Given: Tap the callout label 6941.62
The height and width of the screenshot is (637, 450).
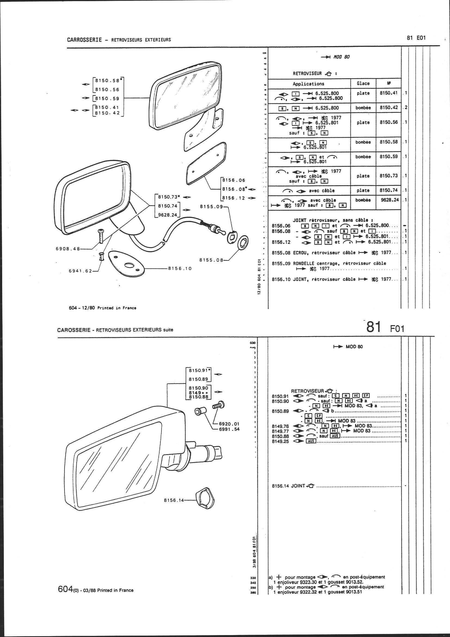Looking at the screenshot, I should point(80,271).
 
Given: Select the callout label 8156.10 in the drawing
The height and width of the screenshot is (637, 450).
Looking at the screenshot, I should point(180,268).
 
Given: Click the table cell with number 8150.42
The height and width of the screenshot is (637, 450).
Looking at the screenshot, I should point(388,108).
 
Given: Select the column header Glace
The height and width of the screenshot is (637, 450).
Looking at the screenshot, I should point(363,84).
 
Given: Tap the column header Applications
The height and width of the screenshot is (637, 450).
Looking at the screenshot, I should point(308,84).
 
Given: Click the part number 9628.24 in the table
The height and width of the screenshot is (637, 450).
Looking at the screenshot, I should point(388,199).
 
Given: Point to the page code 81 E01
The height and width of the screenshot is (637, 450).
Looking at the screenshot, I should point(416,38).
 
